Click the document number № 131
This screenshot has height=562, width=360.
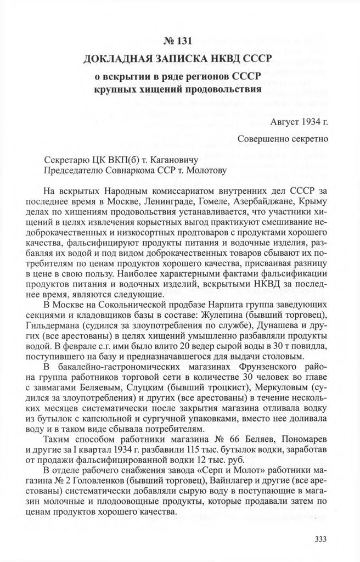click(x=180, y=41)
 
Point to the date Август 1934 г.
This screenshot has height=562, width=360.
click(x=299, y=121)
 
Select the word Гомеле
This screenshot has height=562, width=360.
click(x=205, y=201)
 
